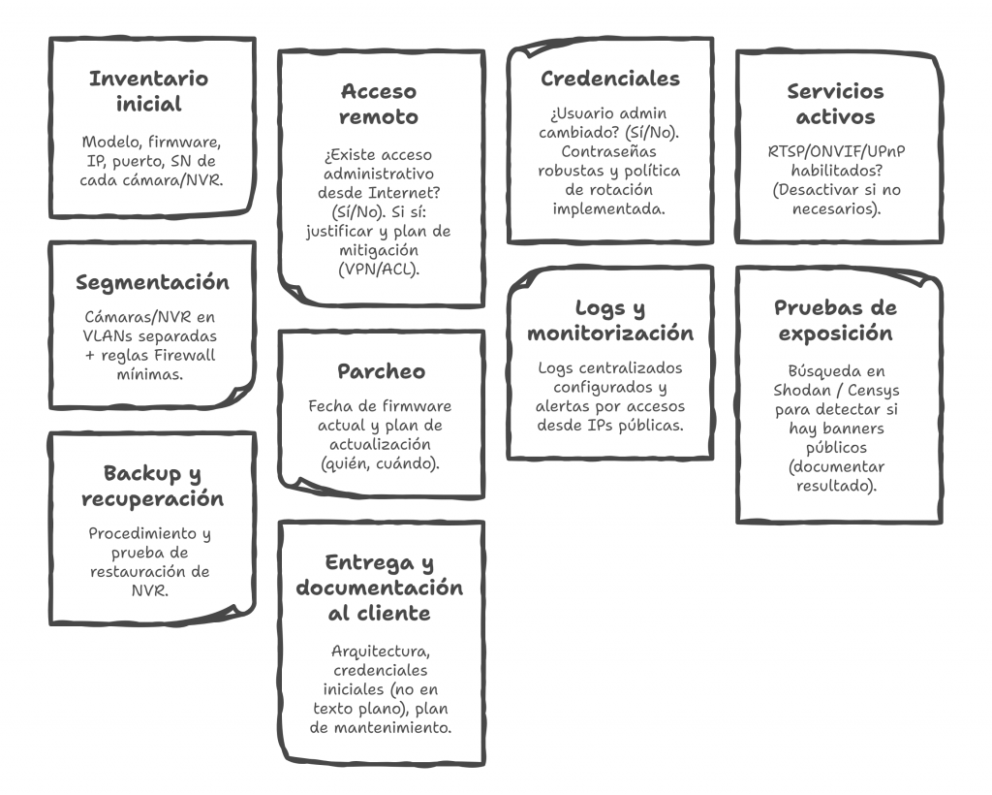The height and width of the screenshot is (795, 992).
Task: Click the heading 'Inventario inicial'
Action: (x=149, y=91)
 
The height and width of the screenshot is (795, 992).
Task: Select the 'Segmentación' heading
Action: (x=153, y=282)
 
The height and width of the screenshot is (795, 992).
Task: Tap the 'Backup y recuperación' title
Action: (x=153, y=486)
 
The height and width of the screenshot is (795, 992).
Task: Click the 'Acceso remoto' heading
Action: (x=379, y=104)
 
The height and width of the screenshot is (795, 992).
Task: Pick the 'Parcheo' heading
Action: (x=381, y=371)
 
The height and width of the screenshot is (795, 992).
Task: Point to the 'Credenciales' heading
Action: (x=610, y=79)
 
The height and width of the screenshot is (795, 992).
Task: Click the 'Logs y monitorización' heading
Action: (x=610, y=321)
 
